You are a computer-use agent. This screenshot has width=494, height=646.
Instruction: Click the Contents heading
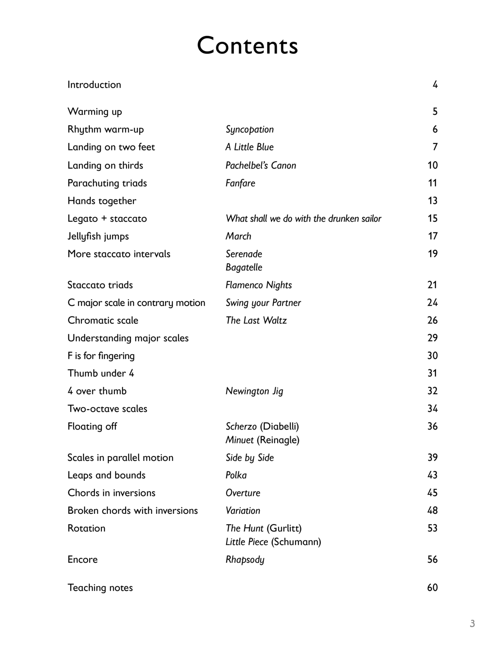[x=247, y=46]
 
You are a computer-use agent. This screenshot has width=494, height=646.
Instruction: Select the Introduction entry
[x=94, y=85]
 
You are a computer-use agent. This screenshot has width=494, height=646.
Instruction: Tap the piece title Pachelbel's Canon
[x=260, y=165]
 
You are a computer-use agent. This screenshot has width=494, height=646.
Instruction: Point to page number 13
[x=432, y=201]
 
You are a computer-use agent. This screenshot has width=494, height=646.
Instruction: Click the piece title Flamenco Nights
[x=258, y=285]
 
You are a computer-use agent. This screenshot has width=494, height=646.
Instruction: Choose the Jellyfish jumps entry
[x=98, y=236]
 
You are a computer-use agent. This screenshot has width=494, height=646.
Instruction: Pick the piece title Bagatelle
[x=244, y=267]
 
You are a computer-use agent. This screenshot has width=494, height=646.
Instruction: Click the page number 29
[x=432, y=338]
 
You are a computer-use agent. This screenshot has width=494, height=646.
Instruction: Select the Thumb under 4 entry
[x=101, y=373]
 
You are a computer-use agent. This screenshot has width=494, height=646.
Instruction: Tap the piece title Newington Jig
[x=254, y=391]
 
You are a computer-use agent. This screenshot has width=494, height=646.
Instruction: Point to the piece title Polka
[x=236, y=475]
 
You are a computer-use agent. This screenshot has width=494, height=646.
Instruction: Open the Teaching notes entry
[x=100, y=587]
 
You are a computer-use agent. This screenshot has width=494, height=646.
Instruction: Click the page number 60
[x=432, y=587]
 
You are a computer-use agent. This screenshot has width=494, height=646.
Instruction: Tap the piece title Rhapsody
[x=245, y=559]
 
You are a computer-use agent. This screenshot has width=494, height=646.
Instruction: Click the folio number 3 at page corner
[x=472, y=623]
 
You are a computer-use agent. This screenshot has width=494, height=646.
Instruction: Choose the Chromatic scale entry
[x=103, y=320]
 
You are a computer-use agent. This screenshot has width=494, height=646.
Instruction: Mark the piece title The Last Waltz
[x=256, y=320]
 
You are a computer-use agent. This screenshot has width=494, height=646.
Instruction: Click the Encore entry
[x=82, y=559]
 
